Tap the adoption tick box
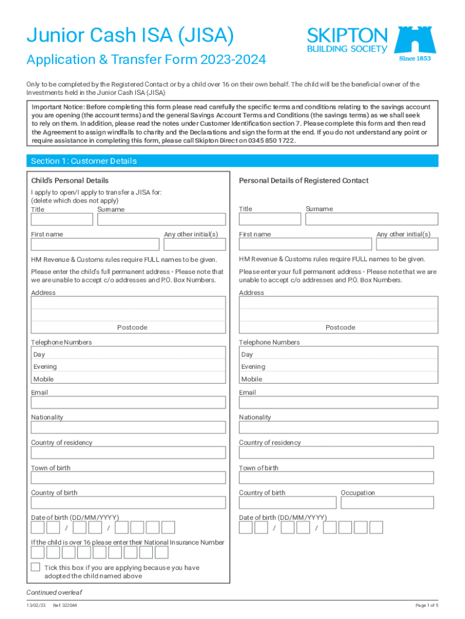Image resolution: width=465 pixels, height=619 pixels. coord(36,567)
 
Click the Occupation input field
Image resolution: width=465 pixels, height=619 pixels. coord(387,503)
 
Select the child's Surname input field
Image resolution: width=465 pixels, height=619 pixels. coord(162,219)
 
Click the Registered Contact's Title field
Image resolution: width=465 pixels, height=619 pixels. coord(269,219)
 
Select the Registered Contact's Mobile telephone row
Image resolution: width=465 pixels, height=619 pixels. coord(338,379)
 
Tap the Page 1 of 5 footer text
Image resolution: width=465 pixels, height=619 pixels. coord(426,606)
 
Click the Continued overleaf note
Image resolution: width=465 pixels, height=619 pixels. coord(54,592)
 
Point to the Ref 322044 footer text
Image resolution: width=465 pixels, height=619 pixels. coord(65,606)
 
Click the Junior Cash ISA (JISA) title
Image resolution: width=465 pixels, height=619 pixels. coord(130,37)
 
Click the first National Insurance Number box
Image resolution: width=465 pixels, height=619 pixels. coord(37,553)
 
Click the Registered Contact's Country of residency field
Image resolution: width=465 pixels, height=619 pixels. coord(336,453)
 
